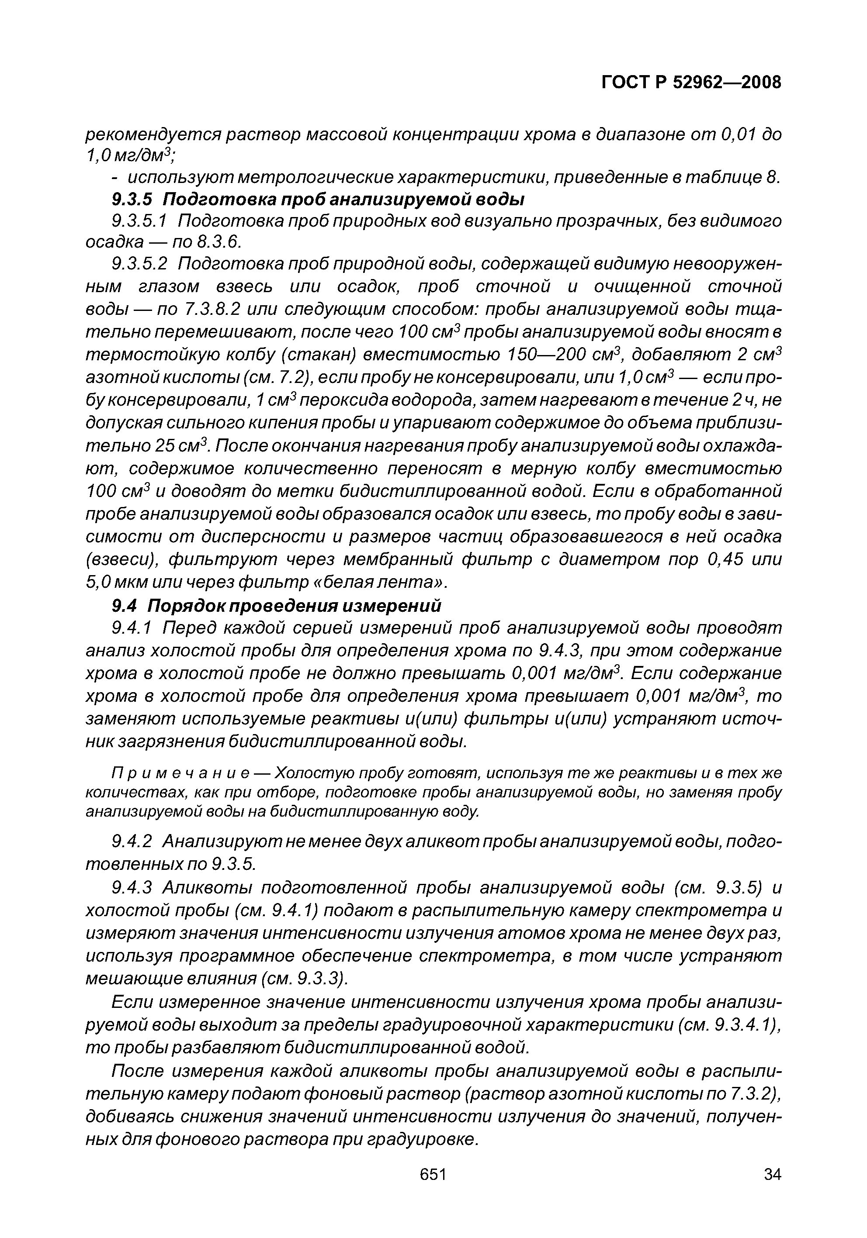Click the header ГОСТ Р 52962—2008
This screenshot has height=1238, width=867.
point(690,82)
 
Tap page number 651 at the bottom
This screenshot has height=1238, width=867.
point(433,1174)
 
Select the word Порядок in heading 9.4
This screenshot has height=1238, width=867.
point(186,606)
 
